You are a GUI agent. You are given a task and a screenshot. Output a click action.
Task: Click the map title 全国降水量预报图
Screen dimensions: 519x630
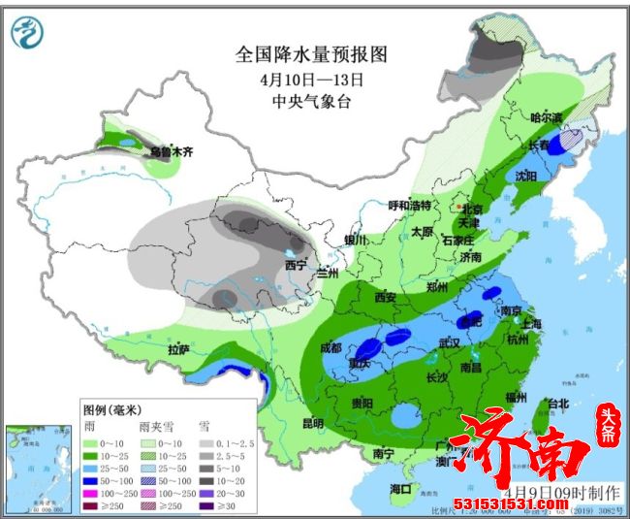[x=311, y=54]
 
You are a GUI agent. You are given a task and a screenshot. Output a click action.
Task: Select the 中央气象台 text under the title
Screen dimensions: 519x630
[x=311, y=100]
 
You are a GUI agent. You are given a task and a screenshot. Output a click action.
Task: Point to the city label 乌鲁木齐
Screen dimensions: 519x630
[x=171, y=152]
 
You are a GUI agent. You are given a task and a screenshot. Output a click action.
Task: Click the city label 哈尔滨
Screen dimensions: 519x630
[x=546, y=116]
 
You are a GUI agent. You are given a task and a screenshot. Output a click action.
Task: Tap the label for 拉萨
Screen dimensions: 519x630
[x=178, y=349]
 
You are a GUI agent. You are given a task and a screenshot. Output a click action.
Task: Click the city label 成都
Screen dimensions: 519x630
[x=331, y=347]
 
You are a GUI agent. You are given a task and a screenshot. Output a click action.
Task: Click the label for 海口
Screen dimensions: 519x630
[x=400, y=487]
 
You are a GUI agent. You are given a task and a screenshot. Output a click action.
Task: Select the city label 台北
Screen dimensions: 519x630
[x=558, y=403]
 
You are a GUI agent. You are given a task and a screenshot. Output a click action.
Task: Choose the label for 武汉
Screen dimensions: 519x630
[x=449, y=343]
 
